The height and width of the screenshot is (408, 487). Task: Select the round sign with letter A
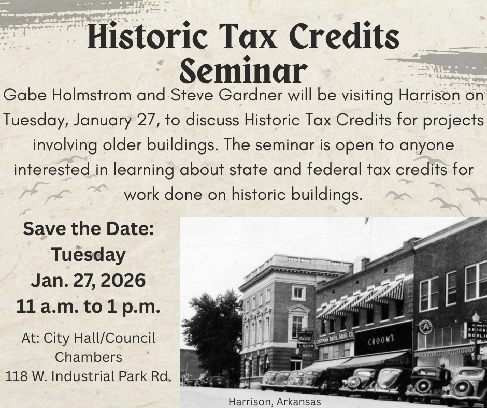pyautogui.click(x=425, y=327)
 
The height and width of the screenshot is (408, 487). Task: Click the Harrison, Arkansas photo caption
pyautogui.click(x=275, y=402)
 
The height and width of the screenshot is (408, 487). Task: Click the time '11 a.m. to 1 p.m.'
pyautogui.click(x=88, y=307)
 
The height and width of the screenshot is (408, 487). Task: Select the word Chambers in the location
pyautogui.click(x=89, y=357)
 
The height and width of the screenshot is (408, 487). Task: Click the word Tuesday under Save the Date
pyautogui.click(x=89, y=254)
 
